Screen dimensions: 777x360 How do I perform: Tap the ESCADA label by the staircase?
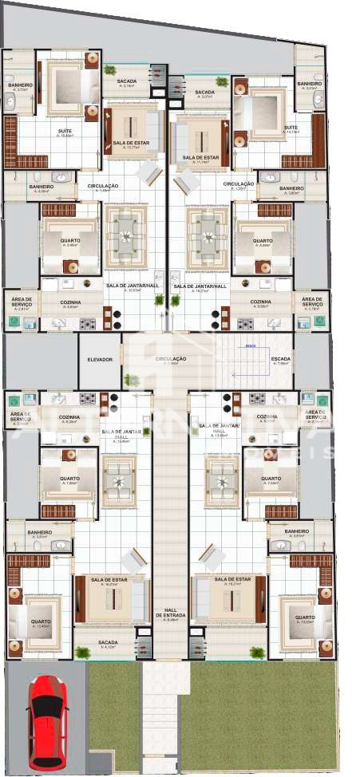281,360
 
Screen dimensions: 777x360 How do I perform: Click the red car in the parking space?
47,722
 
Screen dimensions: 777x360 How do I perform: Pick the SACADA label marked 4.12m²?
109,642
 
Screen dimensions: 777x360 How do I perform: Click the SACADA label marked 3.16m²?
127,81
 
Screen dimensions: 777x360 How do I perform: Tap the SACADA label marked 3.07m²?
204,93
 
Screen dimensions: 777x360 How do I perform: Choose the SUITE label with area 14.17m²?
291,128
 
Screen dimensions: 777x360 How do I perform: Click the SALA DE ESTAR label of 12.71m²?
128,143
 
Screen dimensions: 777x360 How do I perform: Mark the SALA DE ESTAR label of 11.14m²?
200,158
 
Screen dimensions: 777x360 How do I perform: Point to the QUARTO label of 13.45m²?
41,622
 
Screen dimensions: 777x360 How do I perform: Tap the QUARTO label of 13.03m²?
303,617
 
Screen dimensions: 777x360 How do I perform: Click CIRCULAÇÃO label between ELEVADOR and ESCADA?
170,360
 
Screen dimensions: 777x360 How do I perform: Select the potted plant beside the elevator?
132,380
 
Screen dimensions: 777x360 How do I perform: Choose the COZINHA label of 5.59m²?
259,302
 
